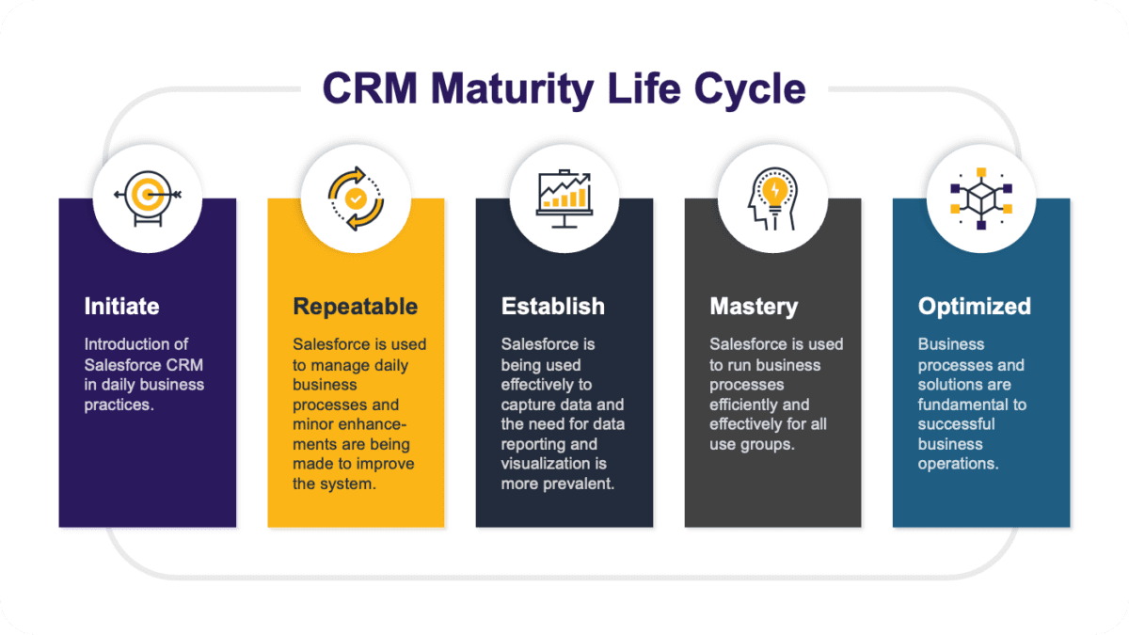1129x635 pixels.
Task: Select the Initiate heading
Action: point(121,306)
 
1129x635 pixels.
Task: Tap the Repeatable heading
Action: point(355,307)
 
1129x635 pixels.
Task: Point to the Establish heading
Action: point(552,306)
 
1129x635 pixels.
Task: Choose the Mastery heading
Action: point(753,307)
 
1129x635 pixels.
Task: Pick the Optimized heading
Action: point(974,307)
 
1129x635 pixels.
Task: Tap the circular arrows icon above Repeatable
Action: point(356,198)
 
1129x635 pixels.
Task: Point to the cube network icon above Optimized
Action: point(980,198)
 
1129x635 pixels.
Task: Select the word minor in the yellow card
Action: point(314,424)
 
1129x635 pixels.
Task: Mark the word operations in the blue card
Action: point(958,464)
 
